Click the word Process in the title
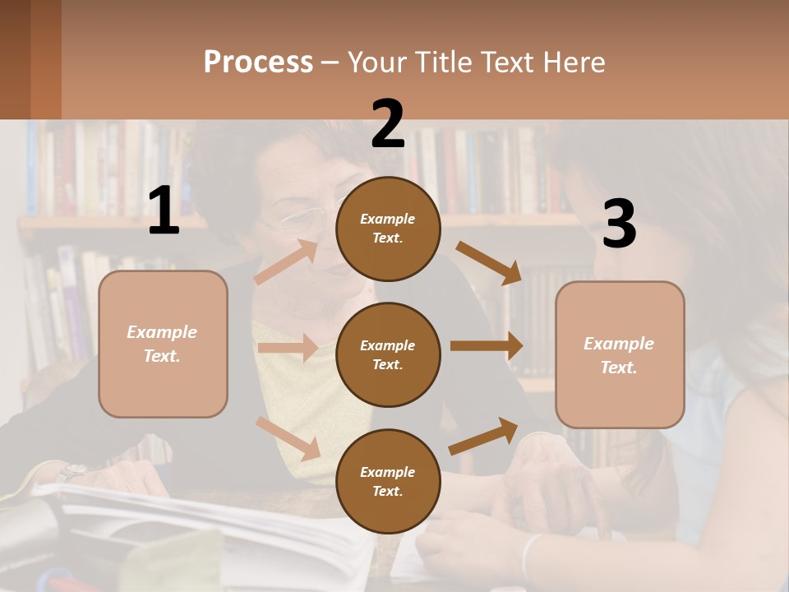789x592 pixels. (x=258, y=62)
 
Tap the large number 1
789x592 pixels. (x=164, y=210)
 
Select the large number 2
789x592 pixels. (x=388, y=124)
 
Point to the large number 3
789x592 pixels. (x=619, y=224)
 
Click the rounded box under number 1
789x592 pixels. (x=163, y=344)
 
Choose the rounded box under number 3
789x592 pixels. (x=620, y=355)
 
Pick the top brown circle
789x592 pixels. (x=388, y=229)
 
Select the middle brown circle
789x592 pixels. (x=388, y=354)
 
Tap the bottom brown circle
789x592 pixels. (x=388, y=481)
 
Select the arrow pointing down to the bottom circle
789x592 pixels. (x=288, y=438)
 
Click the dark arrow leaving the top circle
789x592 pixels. (x=488, y=262)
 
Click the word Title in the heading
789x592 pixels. (x=444, y=62)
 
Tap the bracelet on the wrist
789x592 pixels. (x=531, y=555)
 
